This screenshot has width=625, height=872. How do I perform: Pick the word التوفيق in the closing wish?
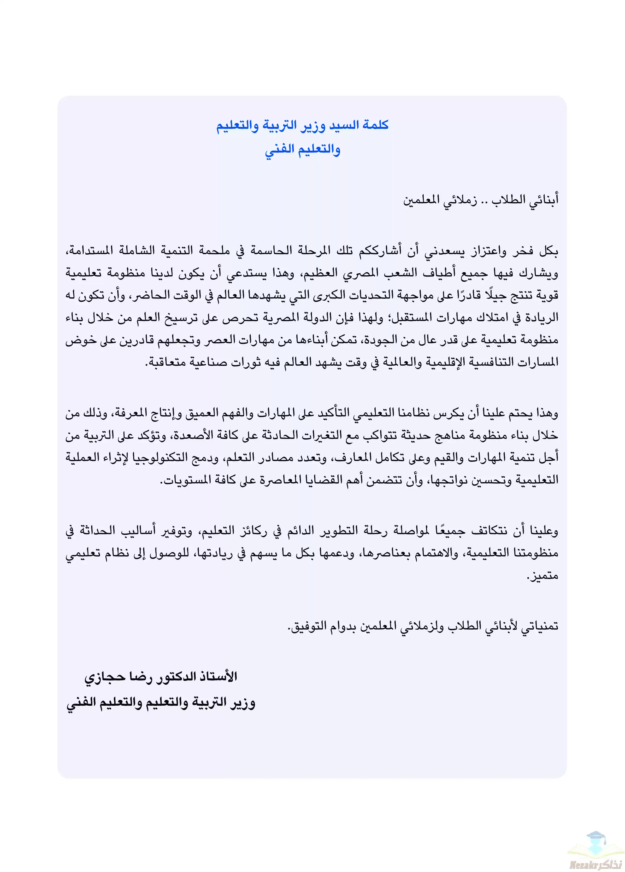[308, 626]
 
